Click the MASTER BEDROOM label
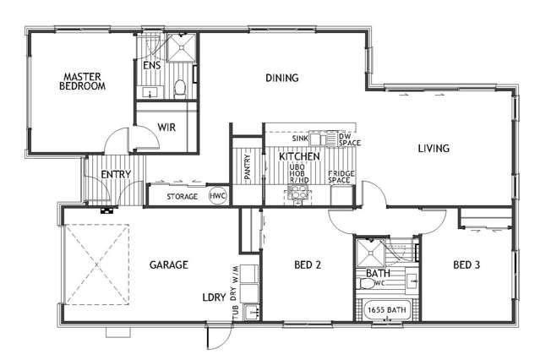click(x=83, y=81)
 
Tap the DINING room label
click(x=281, y=79)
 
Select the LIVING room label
click(x=434, y=149)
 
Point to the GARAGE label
click(x=169, y=265)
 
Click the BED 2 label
click(x=308, y=265)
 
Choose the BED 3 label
click(x=466, y=265)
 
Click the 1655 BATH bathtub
click(x=386, y=311)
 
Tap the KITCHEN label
click(x=299, y=157)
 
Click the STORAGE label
click(x=182, y=197)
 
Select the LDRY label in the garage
click(x=212, y=298)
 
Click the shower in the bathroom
click(x=368, y=251)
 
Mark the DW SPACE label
click(x=349, y=139)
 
